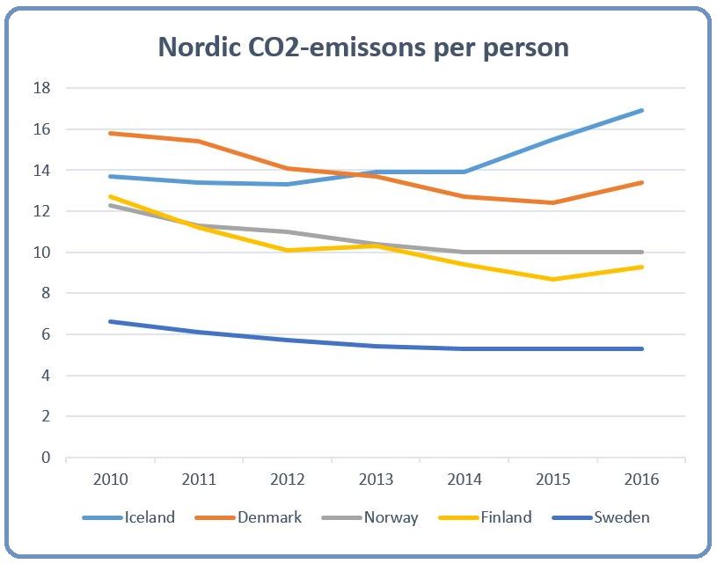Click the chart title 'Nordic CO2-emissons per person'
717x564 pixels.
tap(362, 47)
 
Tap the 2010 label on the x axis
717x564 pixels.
tap(111, 480)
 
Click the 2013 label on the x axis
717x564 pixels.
tap(376, 480)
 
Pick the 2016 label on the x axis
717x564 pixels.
tap(641, 480)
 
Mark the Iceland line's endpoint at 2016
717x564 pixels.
tap(641, 110)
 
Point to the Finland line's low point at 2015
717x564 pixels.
tap(552, 279)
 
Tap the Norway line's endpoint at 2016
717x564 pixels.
tap(641, 253)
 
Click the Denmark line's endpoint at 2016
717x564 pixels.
tap(641, 182)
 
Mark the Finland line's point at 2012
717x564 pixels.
tap(288, 250)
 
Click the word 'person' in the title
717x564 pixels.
tap(523, 47)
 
